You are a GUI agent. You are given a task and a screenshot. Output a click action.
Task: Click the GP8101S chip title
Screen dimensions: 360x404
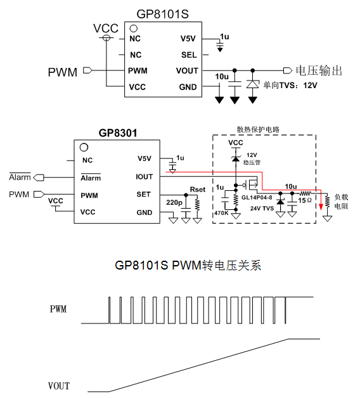162,14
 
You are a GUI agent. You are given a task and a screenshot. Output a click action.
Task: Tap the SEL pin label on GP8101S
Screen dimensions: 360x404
189,55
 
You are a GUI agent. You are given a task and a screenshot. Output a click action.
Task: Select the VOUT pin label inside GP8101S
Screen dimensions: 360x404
187,70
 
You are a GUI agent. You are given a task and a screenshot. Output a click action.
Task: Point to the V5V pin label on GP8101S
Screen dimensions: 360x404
188,39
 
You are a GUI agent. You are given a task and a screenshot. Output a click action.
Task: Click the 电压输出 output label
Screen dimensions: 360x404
319,70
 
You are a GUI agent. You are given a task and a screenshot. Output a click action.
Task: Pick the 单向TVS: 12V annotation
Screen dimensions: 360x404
290,85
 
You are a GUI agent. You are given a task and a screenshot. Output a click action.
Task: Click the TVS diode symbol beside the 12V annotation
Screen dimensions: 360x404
253,84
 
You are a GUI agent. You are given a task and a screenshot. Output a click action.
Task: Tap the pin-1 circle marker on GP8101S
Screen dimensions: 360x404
133,29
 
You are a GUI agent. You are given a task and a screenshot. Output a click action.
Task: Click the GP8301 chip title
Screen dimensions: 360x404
118,133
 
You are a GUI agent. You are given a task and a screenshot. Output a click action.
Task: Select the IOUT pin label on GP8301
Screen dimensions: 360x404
145,177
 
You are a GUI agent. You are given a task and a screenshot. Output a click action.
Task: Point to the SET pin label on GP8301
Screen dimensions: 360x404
143,194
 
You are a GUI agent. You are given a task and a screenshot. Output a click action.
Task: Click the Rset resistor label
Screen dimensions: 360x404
198,190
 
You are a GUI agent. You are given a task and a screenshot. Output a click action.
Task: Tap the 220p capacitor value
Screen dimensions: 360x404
174,202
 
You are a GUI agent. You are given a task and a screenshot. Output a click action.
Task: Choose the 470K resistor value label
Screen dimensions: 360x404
221,213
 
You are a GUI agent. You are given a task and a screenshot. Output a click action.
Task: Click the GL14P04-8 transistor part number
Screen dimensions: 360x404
257,198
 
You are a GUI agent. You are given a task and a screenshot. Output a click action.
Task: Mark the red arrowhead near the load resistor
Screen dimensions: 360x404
321,207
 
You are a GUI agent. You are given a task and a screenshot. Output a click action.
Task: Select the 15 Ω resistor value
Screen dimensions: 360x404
305,200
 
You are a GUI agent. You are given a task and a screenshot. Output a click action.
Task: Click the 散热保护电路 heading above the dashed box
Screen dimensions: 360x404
258,129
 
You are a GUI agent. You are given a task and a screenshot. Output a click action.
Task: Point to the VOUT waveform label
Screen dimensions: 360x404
59,386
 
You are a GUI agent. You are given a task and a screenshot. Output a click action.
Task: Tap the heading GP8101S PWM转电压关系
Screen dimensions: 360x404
188,265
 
